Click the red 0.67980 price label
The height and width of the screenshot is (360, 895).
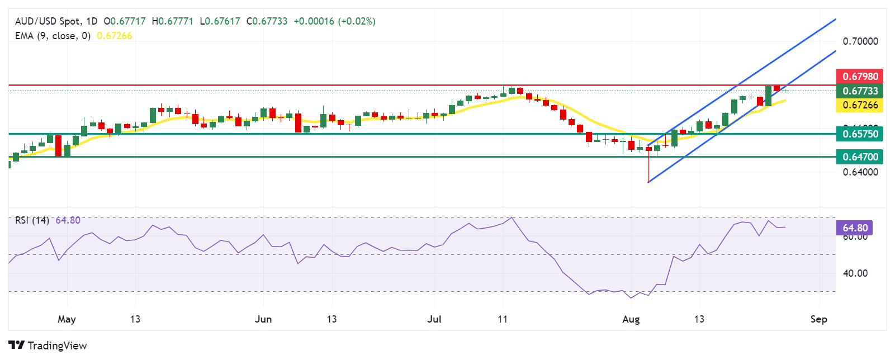pos(860,76)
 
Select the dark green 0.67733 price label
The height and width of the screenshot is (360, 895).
pos(860,91)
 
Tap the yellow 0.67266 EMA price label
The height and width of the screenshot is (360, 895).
pos(860,105)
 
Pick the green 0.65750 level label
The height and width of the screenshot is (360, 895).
pos(860,134)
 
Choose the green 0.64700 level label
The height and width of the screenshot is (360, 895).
pos(860,157)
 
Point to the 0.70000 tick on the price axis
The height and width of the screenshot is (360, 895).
pos(860,41)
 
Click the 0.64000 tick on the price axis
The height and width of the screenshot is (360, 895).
pos(860,172)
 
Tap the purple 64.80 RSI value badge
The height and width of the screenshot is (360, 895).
pos(855,228)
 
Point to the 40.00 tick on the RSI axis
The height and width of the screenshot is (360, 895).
pos(855,273)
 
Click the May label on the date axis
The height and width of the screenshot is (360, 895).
pos(67,319)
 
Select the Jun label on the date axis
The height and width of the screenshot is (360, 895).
pos(263,319)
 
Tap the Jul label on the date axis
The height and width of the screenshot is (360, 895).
pos(434,319)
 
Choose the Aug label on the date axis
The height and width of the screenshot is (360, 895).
pos(631,319)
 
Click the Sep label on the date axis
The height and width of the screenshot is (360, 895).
pos(818,319)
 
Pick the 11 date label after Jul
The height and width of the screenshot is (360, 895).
pos(503,319)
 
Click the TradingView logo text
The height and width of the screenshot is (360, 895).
pos(56,345)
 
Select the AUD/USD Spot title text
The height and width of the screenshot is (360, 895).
pos(48,21)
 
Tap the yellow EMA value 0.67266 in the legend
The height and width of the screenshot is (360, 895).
pos(115,36)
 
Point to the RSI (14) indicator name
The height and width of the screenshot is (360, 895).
pos(32,220)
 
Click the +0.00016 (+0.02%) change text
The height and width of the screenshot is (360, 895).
pos(334,21)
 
